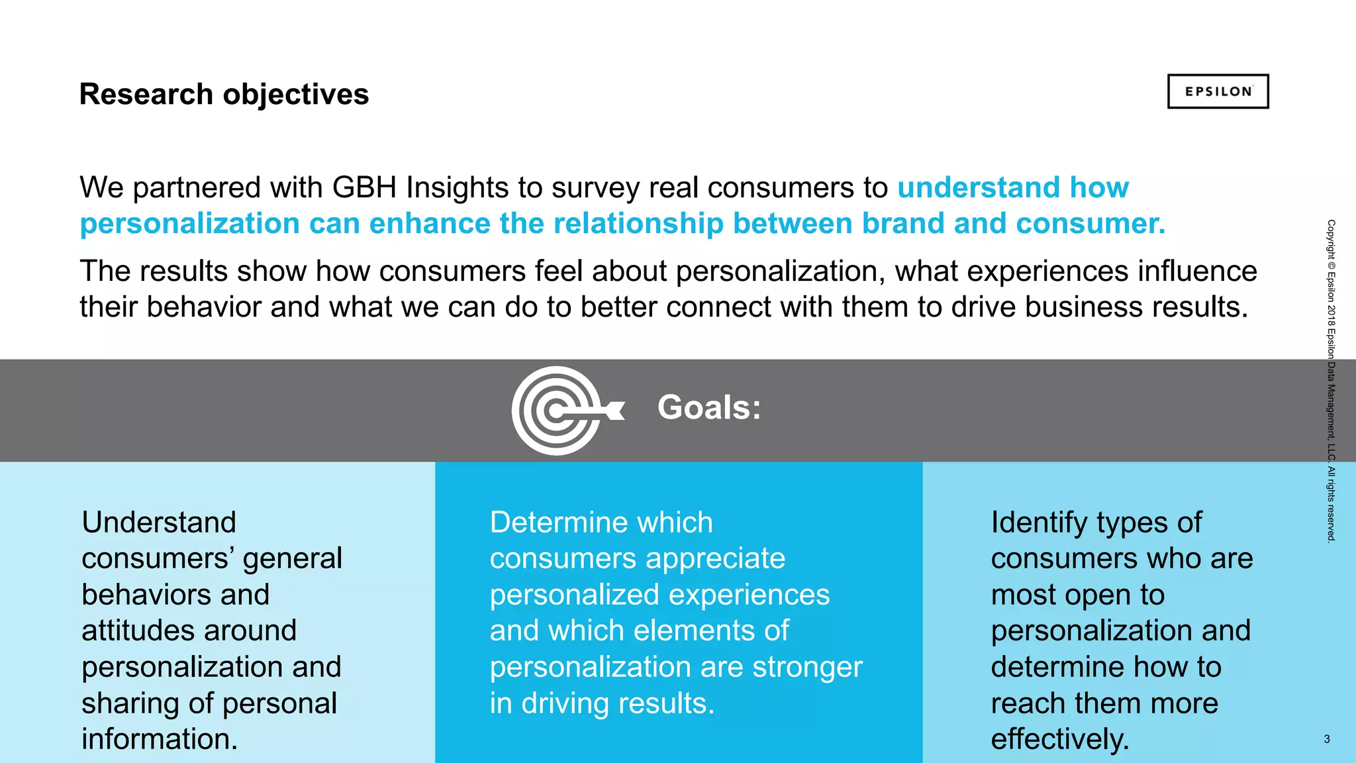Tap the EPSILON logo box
click(1218, 91)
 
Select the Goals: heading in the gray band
click(709, 407)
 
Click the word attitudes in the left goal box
click(189, 630)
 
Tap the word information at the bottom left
click(159, 738)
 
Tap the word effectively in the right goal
click(1059, 738)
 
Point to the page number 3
click(1327, 739)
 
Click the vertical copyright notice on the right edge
click(1331, 381)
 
